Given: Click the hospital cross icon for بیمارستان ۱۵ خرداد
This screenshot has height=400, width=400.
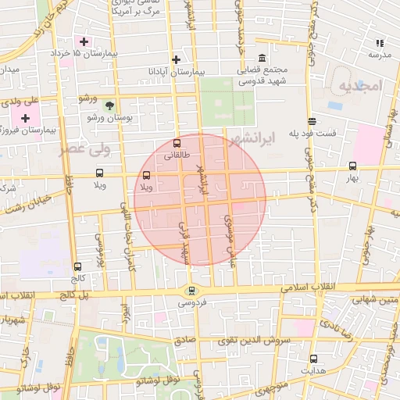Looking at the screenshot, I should point(84,41).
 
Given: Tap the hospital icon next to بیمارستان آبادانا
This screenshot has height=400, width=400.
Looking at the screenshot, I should point(177,59).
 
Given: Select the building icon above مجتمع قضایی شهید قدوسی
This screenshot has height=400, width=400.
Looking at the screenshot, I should point(261,59).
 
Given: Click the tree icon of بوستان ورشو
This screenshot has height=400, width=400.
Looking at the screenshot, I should point(109,105).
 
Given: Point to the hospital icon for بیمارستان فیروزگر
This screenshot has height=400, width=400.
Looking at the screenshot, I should point(26,118).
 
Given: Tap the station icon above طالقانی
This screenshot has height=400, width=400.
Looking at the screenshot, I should point(177,143).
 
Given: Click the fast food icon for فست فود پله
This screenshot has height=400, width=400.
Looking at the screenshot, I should point(312,121).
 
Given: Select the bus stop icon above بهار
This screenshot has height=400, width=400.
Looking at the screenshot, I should point(352,166).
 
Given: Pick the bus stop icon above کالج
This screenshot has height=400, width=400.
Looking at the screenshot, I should point(77,266).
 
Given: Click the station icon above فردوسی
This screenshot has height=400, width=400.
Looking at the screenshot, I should point(192,291).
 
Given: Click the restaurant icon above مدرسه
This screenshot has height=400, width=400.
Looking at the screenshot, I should point(380,43).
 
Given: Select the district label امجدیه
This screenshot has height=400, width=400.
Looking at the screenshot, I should point(360,86).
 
